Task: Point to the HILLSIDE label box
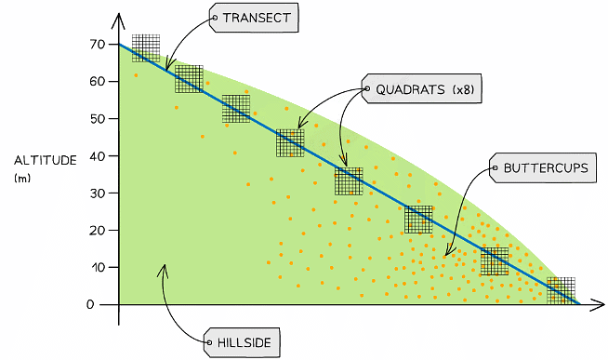pyautogui.click(x=241, y=342)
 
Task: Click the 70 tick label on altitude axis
pyautogui.click(x=98, y=45)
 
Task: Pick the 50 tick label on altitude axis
pyautogui.click(x=98, y=119)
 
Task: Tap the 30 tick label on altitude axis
pyautogui.click(x=98, y=193)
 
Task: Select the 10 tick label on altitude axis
pyautogui.click(x=98, y=268)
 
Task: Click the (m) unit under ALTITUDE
pyautogui.click(x=22, y=178)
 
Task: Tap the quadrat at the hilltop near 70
pyautogui.click(x=146, y=47)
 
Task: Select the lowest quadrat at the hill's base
pyautogui.click(x=561, y=290)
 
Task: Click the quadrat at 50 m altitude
pyautogui.click(x=236, y=109)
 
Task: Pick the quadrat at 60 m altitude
pyautogui.click(x=189, y=79)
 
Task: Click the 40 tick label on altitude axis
pyautogui.click(x=98, y=156)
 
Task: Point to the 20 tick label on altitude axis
pyautogui.click(x=98, y=231)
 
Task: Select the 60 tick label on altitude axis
pyautogui.click(x=98, y=82)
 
